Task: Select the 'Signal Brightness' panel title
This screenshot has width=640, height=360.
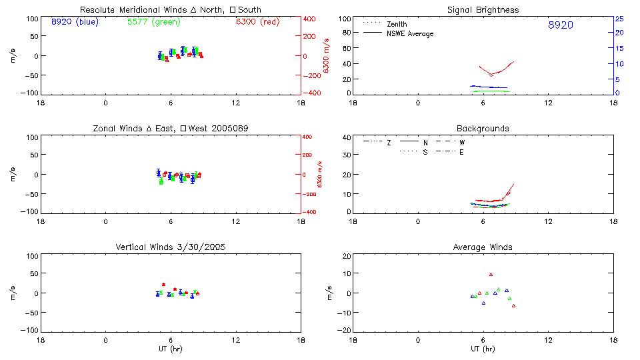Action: click(483, 10)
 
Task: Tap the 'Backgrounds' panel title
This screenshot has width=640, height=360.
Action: click(483, 129)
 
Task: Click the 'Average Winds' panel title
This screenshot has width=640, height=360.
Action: click(483, 247)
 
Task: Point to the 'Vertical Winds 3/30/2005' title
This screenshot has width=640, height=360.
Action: click(171, 247)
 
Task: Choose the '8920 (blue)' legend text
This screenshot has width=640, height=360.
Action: click(73, 22)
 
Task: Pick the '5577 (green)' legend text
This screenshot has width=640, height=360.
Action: click(153, 22)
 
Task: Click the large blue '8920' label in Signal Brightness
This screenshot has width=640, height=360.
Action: click(560, 25)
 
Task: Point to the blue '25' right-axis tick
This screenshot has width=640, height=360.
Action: click(619, 19)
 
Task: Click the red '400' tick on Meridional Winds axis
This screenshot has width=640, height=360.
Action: click(311, 19)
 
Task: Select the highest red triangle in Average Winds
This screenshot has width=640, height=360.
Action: click(491, 274)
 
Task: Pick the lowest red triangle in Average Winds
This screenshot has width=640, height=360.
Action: click(513, 305)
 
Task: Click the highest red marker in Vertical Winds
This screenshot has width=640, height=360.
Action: click(163, 285)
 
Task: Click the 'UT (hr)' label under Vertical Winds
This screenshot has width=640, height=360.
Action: click(171, 349)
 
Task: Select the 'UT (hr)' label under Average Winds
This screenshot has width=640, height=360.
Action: click(483, 349)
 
